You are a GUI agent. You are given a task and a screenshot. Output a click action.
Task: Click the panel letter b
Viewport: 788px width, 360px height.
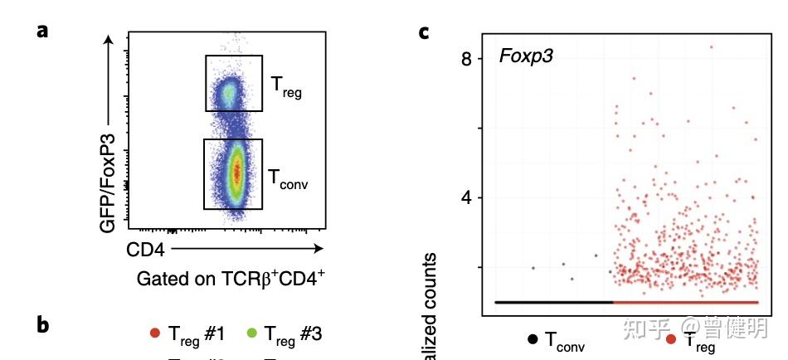[x=43, y=325]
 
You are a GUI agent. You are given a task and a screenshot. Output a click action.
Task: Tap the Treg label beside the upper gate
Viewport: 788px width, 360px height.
[x=286, y=85]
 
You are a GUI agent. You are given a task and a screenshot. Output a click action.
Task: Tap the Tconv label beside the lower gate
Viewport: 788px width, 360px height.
[x=288, y=178]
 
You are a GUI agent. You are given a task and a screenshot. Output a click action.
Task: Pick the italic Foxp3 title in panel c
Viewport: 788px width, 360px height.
[x=526, y=56]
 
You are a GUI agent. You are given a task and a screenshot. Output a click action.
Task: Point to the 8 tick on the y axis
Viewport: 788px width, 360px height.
[x=467, y=59]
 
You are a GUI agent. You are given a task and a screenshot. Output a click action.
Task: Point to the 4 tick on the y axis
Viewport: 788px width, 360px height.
[x=467, y=198]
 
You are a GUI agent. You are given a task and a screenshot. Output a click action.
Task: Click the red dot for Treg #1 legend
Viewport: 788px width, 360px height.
[x=154, y=333]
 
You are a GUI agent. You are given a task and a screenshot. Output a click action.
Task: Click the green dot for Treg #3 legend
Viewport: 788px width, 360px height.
[x=251, y=333]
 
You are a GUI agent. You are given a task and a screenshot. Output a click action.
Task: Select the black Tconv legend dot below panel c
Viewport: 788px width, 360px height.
[x=532, y=339]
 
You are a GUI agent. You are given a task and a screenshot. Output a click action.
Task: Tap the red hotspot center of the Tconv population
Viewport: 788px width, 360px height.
[x=236, y=173]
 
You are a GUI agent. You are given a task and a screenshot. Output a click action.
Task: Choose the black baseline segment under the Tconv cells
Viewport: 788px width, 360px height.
[x=553, y=302]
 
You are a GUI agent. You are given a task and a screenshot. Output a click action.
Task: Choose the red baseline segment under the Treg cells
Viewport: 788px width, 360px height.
[x=686, y=302]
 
